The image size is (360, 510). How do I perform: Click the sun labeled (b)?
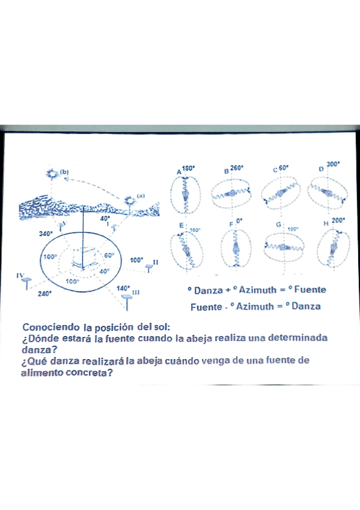52,174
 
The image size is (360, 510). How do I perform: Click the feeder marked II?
149,265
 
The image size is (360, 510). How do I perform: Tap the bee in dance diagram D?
328,192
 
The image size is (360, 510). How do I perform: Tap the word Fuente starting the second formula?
206,306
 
